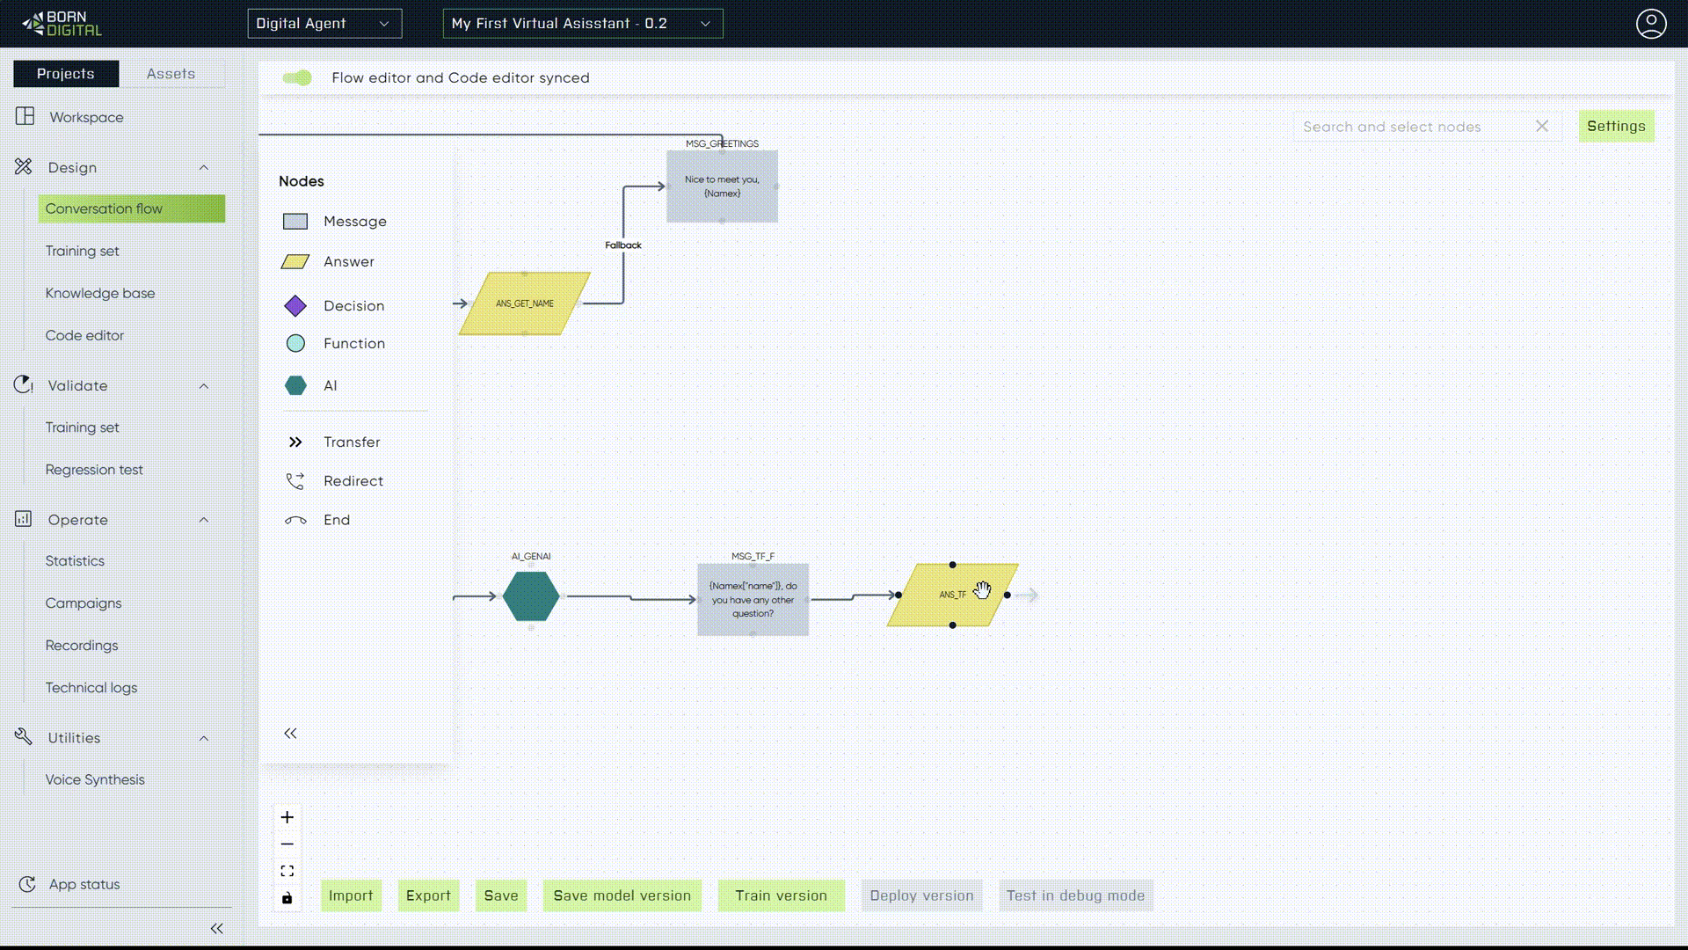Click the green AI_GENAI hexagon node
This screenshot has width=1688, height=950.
tap(530, 596)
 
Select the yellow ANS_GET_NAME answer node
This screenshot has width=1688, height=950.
tap(525, 303)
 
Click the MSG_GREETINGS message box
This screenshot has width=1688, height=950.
tap(722, 186)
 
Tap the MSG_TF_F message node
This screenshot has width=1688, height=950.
tap(753, 600)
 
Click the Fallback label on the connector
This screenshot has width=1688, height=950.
tap(622, 245)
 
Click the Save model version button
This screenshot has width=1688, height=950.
tap(622, 895)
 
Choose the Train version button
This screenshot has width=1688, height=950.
tap(781, 895)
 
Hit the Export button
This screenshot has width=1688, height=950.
tap(428, 895)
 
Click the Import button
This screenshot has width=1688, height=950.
tap(351, 895)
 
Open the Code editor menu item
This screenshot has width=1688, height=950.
tap(84, 335)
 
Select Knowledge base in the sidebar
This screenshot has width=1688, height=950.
tap(100, 293)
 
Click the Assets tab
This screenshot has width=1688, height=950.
tap(171, 74)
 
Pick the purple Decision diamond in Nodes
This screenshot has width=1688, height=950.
tap(295, 306)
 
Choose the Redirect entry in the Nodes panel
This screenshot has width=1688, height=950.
tap(353, 481)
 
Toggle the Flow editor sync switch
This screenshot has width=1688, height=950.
tap(297, 78)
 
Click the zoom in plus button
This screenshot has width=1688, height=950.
tap(287, 817)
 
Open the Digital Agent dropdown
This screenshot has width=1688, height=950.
tap(324, 24)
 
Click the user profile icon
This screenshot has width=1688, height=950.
tap(1651, 24)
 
